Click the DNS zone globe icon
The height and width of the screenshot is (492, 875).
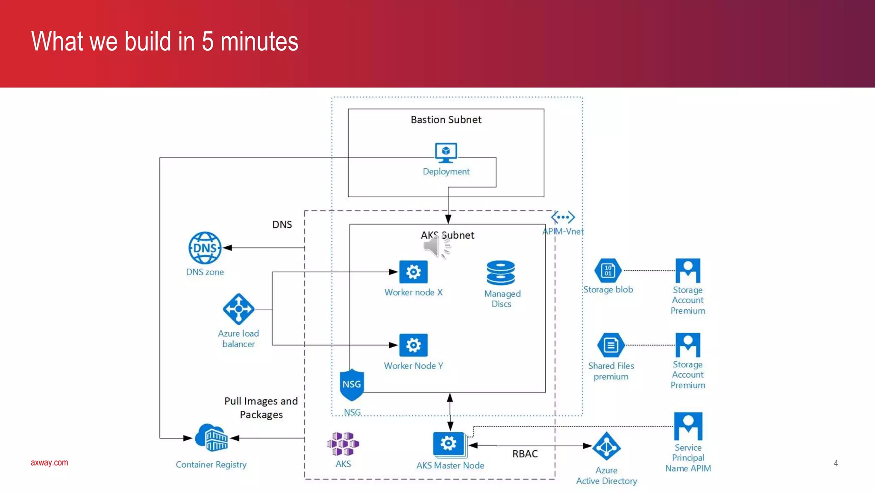click(205, 248)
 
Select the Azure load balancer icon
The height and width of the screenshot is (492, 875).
click(238, 309)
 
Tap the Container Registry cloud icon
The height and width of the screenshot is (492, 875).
click(211, 438)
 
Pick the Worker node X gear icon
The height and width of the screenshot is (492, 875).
click(413, 272)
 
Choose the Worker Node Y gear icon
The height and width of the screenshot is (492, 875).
click(413, 345)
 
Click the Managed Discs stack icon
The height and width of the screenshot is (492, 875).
click(501, 273)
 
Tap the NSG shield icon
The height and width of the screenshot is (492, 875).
click(352, 385)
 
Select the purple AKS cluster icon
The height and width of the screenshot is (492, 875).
click(343, 444)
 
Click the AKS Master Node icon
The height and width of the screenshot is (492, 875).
click(449, 444)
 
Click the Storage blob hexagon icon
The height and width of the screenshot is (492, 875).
click(608, 270)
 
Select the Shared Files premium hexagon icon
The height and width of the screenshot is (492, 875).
click(611, 345)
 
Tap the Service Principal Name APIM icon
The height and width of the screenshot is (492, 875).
click(688, 426)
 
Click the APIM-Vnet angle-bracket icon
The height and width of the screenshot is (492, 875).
click(563, 217)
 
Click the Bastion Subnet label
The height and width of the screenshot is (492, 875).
click(446, 120)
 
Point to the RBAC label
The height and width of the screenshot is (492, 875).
click(525, 454)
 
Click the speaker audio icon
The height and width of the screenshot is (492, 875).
click(436, 246)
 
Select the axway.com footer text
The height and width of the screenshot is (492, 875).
click(49, 463)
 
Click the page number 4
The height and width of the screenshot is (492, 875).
click(836, 463)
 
